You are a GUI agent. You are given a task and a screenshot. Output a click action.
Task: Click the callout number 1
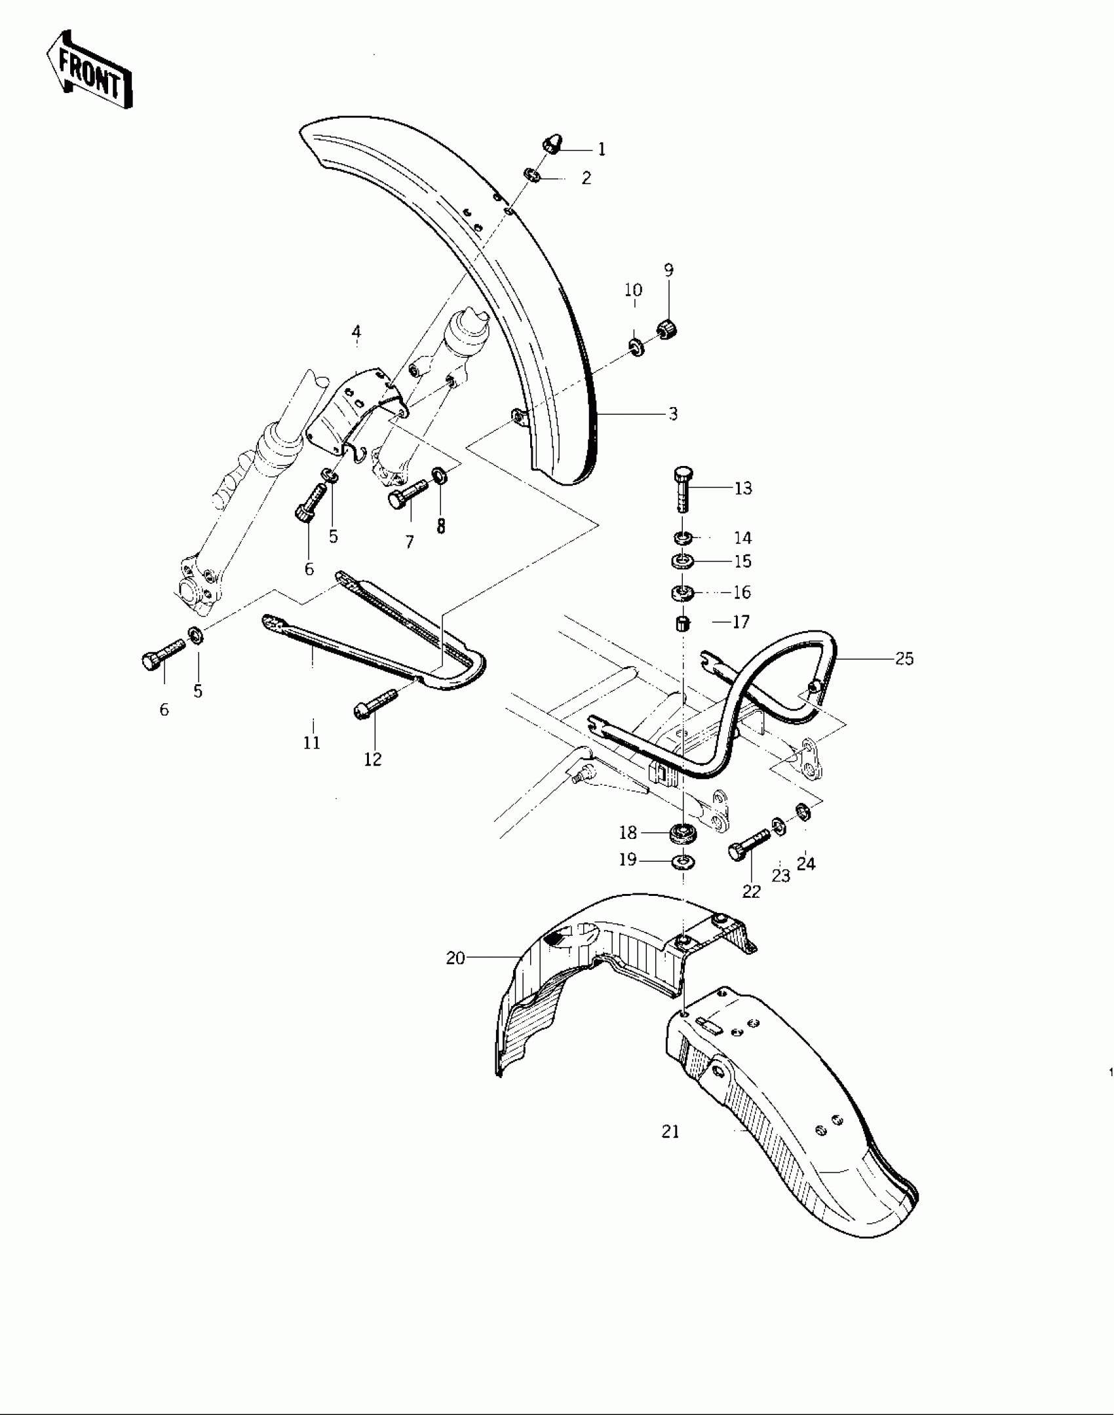(x=602, y=149)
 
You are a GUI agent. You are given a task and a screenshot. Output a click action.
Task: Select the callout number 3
(x=673, y=414)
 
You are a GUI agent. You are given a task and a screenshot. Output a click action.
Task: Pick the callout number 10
(x=634, y=290)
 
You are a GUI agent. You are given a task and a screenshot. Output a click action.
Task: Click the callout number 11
(x=312, y=743)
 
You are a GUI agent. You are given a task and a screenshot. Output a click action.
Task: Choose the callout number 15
(x=742, y=562)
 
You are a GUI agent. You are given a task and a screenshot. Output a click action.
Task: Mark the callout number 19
(x=628, y=859)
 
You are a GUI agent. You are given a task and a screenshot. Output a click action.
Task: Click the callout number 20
(x=455, y=958)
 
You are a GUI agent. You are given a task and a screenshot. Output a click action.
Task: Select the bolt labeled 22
(x=746, y=845)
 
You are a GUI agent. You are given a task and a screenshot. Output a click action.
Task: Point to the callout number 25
(x=904, y=659)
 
